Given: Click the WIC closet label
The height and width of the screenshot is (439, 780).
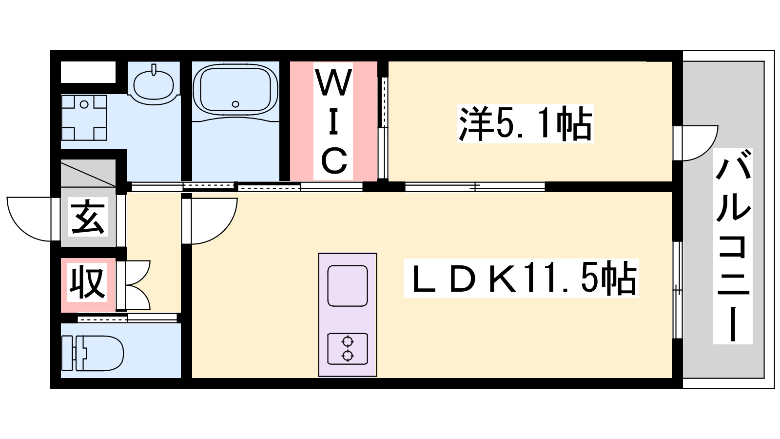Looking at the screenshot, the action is [x=333, y=121].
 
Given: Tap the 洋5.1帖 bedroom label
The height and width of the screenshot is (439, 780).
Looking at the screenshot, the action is [x=525, y=124].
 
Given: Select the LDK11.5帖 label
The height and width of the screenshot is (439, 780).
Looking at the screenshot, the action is [x=521, y=279].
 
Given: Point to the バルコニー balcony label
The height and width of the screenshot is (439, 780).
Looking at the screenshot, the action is [x=733, y=246].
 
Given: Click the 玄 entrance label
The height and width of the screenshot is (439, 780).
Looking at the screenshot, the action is [x=88, y=217].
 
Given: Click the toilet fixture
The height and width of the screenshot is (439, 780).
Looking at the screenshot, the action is [x=93, y=353].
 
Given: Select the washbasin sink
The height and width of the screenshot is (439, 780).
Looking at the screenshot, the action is [x=154, y=83].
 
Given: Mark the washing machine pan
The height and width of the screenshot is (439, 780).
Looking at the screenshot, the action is [x=84, y=118].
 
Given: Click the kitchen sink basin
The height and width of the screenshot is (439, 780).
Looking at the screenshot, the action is [x=348, y=286].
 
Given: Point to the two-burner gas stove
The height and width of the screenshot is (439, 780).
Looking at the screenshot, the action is [x=348, y=349].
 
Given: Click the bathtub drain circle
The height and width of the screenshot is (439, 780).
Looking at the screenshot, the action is [x=235, y=104].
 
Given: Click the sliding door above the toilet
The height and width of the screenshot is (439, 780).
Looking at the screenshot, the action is [x=127, y=319].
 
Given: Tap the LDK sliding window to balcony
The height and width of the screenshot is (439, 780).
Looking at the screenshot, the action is [x=677, y=290].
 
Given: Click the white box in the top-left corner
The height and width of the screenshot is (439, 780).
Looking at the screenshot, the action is [x=88, y=73].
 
